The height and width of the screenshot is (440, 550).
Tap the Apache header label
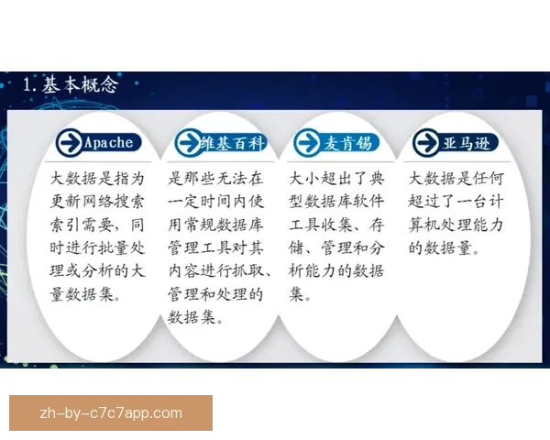(108, 142)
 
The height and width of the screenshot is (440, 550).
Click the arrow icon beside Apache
(68, 142)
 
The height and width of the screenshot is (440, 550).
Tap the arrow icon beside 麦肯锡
(306, 142)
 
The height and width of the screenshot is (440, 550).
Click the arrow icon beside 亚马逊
(425, 142)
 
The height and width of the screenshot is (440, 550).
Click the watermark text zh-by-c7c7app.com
(111, 412)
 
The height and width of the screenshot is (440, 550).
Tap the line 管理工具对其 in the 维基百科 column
(215, 247)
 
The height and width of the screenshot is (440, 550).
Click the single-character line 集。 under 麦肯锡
(301, 295)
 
